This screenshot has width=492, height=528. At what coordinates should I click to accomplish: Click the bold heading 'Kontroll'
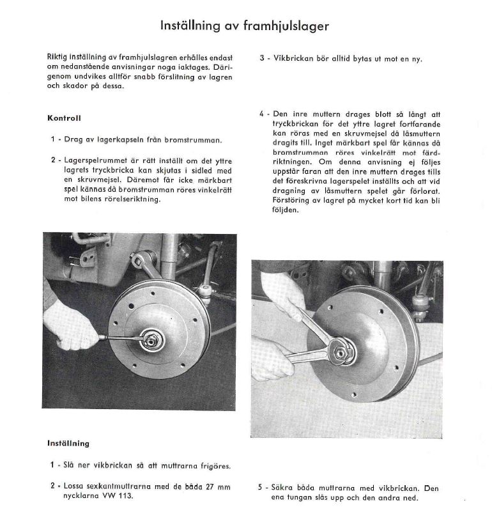(64, 118)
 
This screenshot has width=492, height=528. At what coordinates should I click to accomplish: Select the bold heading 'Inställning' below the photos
(68, 443)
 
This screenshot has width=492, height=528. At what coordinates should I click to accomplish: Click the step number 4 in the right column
(261, 114)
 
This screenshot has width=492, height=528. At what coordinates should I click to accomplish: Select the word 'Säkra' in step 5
(284, 488)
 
